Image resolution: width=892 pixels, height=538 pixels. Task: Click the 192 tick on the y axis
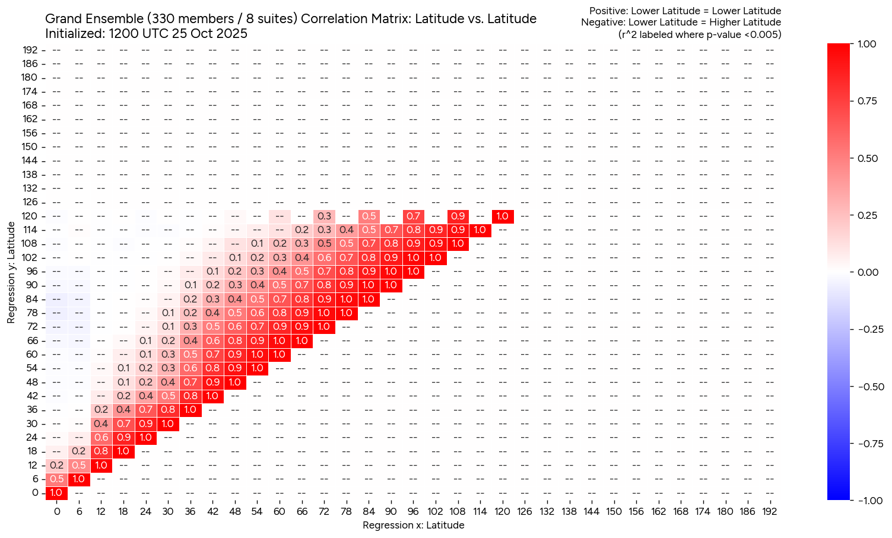[x=31, y=50]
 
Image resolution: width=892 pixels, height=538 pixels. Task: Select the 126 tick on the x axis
[x=525, y=511]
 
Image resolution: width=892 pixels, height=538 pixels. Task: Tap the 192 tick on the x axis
[x=770, y=511]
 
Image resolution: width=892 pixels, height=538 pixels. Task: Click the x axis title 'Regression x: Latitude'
[x=413, y=525]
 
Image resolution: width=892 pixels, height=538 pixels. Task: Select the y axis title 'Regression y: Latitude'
[x=11, y=272]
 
